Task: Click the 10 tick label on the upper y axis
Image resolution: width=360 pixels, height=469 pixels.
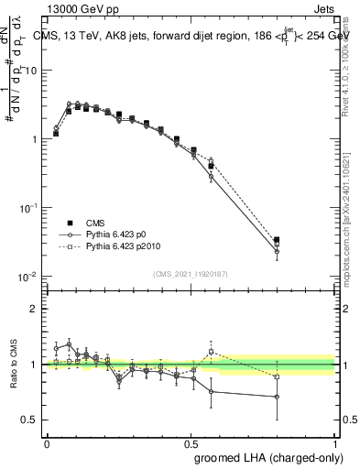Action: click(x=33, y=71)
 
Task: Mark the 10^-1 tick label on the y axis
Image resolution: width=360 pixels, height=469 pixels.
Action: click(x=29, y=208)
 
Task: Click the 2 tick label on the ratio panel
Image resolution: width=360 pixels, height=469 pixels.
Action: click(x=35, y=309)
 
